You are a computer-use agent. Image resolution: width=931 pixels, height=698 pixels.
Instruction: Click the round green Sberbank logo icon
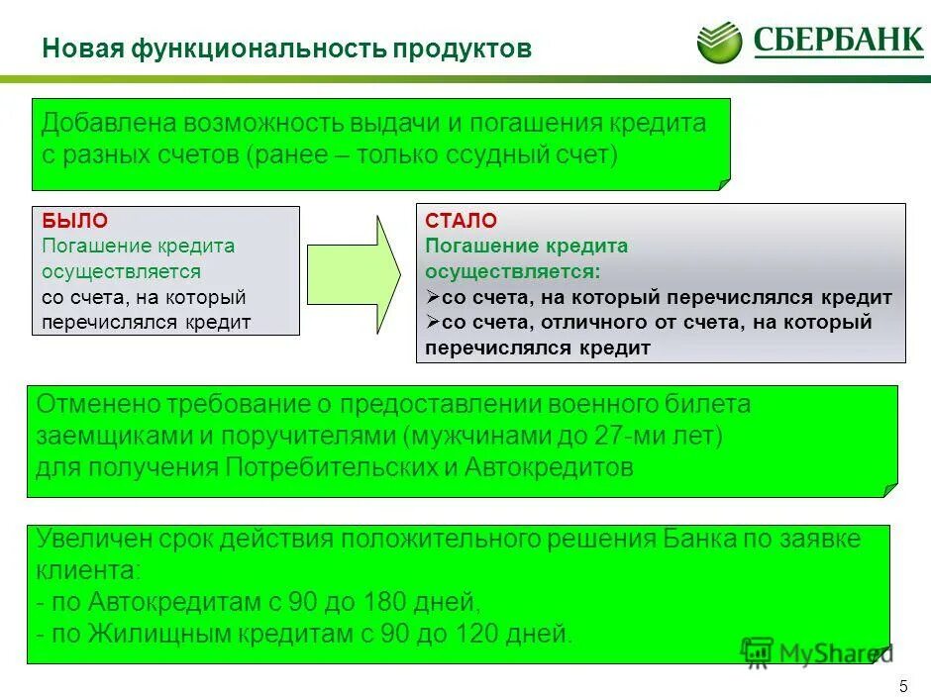pos(719,43)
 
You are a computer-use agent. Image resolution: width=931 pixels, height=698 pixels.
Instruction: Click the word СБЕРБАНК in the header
pos(838,43)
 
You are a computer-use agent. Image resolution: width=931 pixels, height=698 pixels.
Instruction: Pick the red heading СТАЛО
pos(462,220)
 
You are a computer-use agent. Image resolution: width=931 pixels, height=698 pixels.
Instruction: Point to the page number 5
pos(902,685)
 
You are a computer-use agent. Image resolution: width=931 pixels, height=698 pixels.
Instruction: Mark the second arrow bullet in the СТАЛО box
pos(433,323)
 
